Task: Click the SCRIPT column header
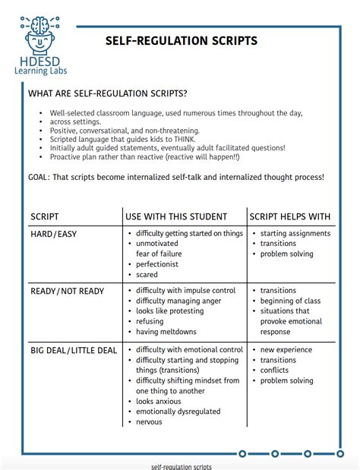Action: (45, 216)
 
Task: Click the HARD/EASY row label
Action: (53, 234)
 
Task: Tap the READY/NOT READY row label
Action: (67, 291)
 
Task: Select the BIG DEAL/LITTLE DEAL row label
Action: (74, 350)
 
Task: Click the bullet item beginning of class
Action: (290, 301)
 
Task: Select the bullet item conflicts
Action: (276, 371)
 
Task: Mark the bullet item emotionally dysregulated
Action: (178, 412)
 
